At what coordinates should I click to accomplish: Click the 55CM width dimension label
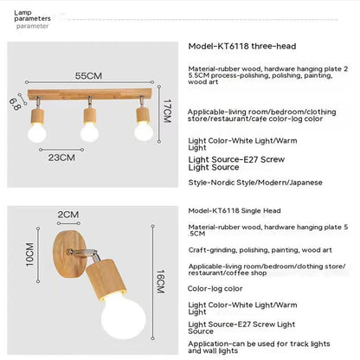89,75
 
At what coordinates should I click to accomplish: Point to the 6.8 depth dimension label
14,105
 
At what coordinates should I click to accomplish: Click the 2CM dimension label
67,215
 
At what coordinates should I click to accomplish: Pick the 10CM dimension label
29,259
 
